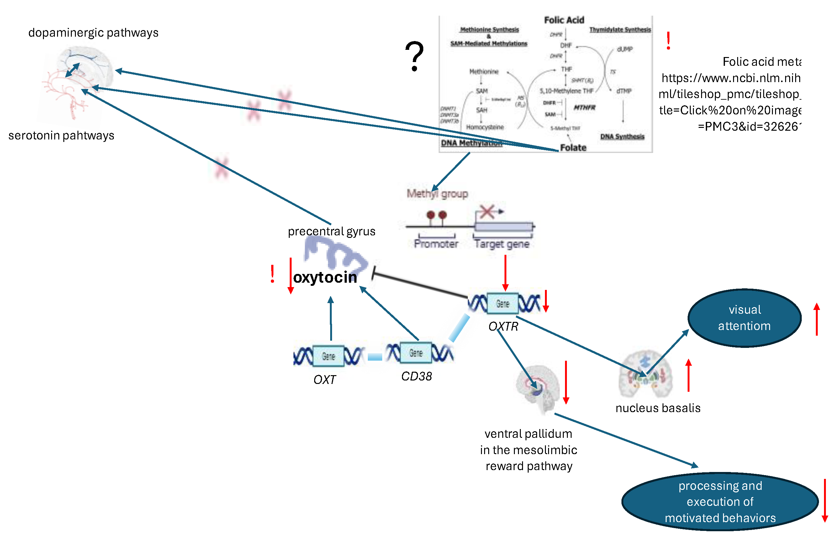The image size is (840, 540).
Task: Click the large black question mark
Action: tap(415, 56)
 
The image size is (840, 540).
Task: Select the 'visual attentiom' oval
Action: tap(744, 318)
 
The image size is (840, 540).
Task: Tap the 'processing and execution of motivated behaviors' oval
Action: tap(720, 501)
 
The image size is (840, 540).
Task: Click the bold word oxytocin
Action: tap(325, 277)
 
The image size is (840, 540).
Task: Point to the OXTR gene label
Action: tap(503, 327)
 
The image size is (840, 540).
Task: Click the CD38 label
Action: tap(416, 376)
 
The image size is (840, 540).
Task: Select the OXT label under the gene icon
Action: tap(325, 380)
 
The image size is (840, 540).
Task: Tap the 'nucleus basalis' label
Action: tap(658, 408)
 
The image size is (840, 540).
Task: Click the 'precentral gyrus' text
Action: tap(331, 231)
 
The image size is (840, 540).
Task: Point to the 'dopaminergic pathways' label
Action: tap(93, 33)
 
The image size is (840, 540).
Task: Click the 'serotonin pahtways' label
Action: tap(61, 135)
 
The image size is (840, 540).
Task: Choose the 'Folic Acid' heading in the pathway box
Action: tap(564, 20)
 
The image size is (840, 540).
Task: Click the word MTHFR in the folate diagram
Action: tap(584, 107)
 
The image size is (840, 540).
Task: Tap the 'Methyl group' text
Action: tap(437, 194)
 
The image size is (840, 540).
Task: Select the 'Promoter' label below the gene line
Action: tap(436, 244)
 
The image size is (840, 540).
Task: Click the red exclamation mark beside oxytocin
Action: tap(272, 274)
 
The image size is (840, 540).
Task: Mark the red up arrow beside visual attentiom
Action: tap(816, 319)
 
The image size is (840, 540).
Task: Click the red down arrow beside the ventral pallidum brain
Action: tap(566, 382)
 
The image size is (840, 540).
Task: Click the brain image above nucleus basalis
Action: tap(645, 374)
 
